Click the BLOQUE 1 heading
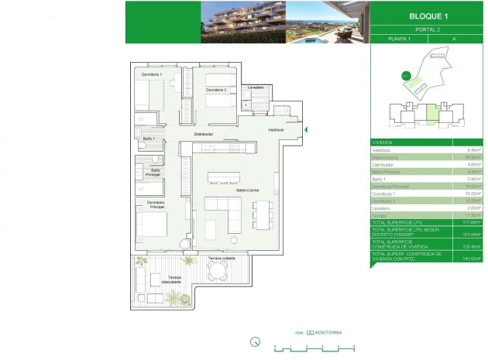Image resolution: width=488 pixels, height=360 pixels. coord(428,15)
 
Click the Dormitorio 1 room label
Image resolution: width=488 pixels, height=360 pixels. coord(151,74)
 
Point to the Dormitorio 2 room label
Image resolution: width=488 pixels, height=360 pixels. coord(216,90)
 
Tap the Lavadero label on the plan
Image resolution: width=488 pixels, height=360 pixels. coord(256,87)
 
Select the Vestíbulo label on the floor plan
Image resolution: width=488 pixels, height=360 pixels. coord(277,129)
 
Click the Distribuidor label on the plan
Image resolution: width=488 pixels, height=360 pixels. coord(204,134)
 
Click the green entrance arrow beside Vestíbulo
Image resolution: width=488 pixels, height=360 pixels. coord(307,129)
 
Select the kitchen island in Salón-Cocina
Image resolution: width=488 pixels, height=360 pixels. coord(225,177)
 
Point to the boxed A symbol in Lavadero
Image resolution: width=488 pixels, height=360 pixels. coord(246,104)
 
